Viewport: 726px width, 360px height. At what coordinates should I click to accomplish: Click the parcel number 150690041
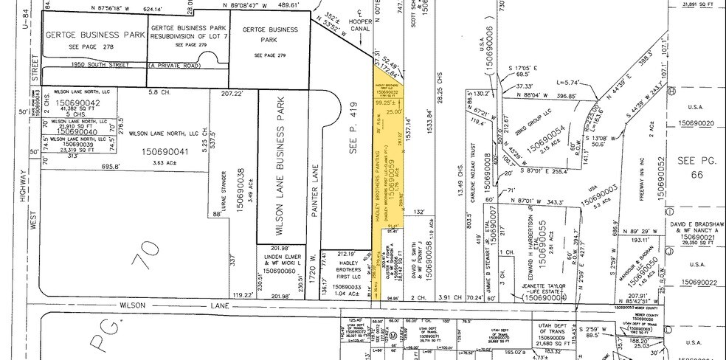tap(153, 151)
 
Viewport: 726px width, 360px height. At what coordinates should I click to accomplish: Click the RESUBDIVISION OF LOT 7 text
tap(188, 36)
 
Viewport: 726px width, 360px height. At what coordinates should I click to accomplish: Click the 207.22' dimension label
tap(232, 94)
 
